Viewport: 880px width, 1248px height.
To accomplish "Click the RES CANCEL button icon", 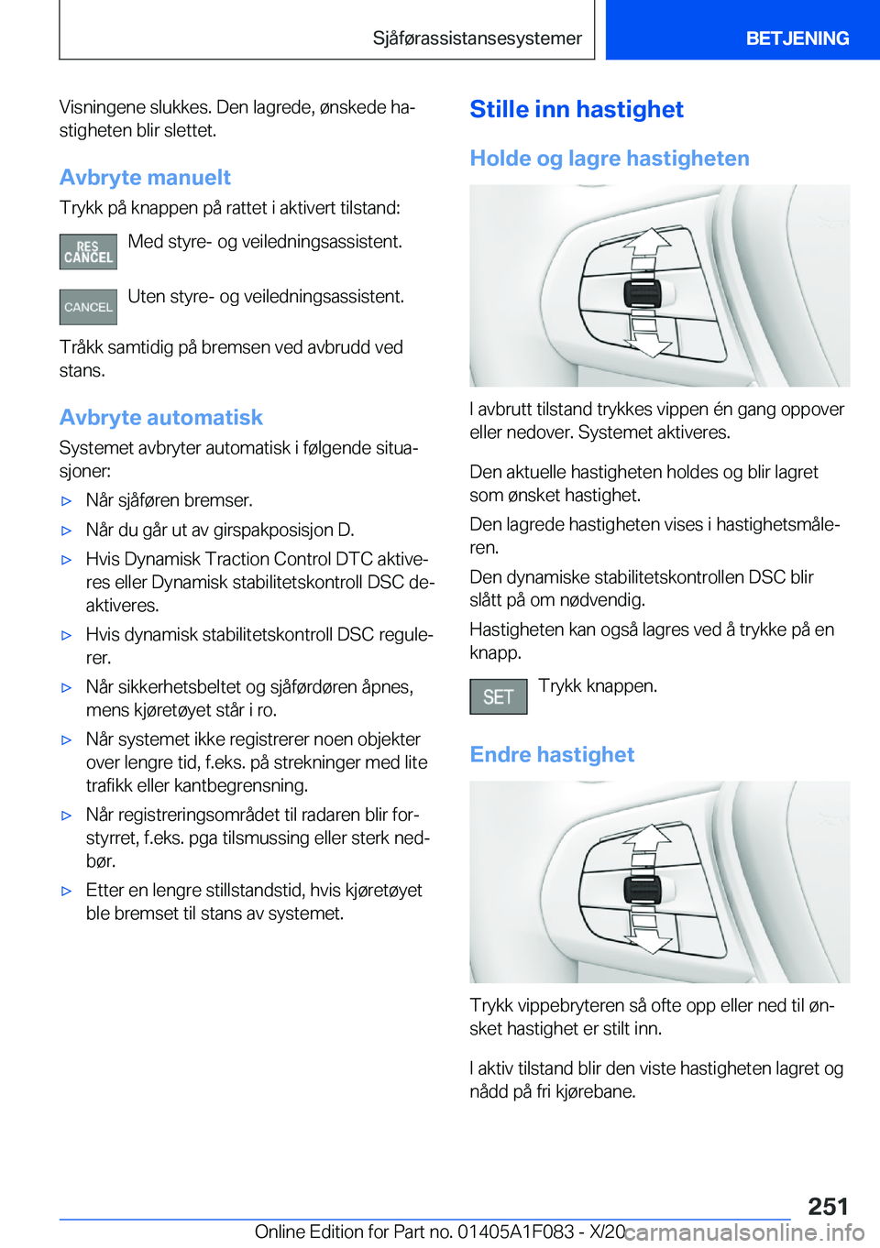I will [x=88, y=252].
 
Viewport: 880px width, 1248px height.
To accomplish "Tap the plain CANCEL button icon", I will [x=88, y=307].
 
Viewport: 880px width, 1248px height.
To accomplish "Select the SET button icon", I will [x=498, y=696].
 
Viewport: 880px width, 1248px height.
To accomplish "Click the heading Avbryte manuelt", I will [x=145, y=177].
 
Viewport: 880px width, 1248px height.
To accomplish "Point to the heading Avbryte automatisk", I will [x=160, y=417].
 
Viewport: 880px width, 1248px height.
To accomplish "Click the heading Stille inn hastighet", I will [x=576, y=109].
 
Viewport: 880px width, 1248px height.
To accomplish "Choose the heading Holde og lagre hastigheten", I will [x=609, y=159].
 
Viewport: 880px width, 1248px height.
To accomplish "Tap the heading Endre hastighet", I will [x=552, y=754].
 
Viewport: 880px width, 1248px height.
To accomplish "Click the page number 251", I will [x=828, y=1205].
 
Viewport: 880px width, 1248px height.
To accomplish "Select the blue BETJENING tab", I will [x=797, y=38].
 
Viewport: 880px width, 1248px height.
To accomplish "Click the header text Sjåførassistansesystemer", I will [x=477, y=38].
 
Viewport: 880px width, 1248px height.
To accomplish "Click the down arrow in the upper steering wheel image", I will [x=648, y=341].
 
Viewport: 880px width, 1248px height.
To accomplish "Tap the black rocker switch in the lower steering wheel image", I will [x=643, y=890].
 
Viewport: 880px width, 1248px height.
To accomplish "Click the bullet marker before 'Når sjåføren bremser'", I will [x=66, y=501].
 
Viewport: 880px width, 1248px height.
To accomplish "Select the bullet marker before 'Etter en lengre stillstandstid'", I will [x=66, y=891].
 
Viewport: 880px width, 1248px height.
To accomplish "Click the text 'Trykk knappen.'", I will [x=598, y=685].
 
